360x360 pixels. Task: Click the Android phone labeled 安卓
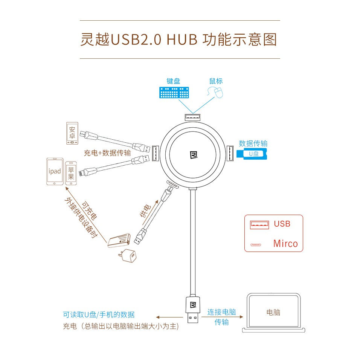point(72,133)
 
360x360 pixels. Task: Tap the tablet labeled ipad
point(55,171)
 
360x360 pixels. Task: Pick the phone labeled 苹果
point(71,173)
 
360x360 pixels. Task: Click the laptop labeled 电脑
point(273,313)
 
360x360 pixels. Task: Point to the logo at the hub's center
point(192,155)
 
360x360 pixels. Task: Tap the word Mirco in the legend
point(285,243)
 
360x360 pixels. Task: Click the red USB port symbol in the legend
point(259,224)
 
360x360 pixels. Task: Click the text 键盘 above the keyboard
point(173,81)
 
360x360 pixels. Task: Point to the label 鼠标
point(216,81)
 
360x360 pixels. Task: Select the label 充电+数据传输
point(107,153)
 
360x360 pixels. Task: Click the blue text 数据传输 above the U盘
point(253,143)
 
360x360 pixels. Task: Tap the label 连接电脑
point(221,312)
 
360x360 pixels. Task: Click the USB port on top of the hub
point(192,117)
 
